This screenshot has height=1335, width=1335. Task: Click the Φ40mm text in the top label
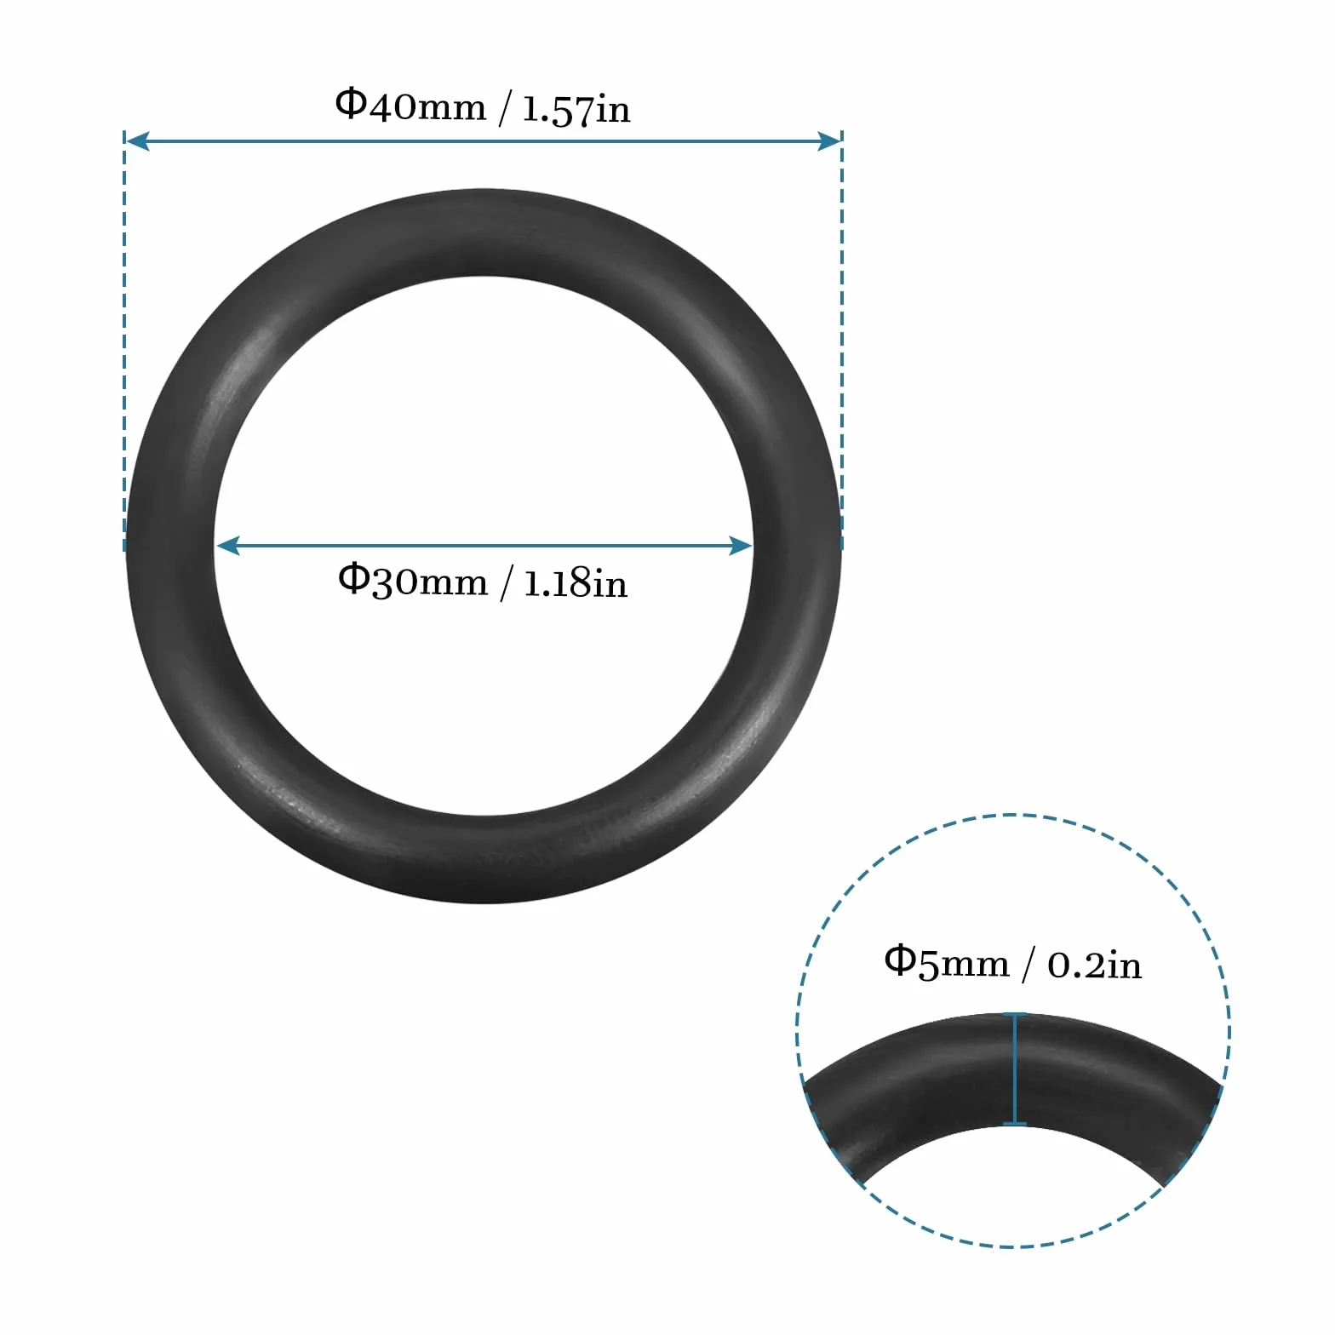[x=410, y=106]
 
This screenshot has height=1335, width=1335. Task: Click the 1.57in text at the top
[x=576, y=109]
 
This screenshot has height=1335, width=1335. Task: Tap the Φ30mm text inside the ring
[x=413, y=581]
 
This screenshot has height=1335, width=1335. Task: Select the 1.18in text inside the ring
[x=576, y=583]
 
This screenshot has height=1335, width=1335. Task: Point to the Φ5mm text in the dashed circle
[x=947, y=962]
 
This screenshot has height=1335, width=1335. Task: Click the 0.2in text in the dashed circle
[x=1095, y=965]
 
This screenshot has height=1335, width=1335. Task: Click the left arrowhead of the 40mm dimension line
[x=137, y=141]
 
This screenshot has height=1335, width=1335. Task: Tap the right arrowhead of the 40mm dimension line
[x=829, y=141]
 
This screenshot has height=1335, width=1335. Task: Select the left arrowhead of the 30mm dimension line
[x=227, y=546]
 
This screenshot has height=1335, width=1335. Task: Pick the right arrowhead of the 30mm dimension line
[x=741, y=546]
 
